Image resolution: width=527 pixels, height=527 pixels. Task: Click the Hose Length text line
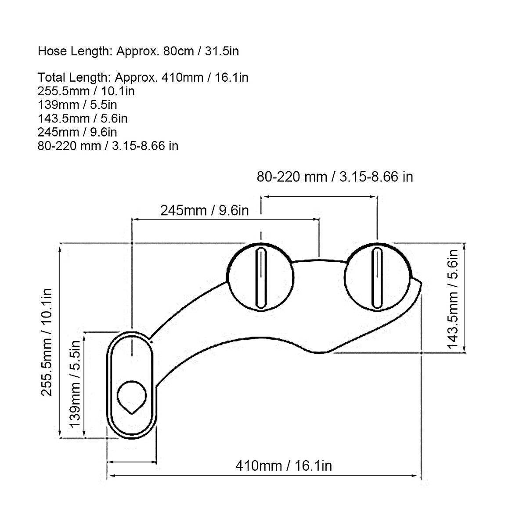pyautogui.click(x=138, y=51)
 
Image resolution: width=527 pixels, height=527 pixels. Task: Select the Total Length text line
pyautogui.click(x=143, y=77)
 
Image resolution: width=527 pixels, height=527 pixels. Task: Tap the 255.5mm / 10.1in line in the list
pyautogui.click(x=86, y=91)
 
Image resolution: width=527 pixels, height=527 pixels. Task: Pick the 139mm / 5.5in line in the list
pyautogui.click(x=77, y=105)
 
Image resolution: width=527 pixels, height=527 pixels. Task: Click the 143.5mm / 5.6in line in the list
pyautogui.click(x=82, y=119)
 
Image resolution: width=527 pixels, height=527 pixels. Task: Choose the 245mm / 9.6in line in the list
pyautogui.click(x=77, y=132)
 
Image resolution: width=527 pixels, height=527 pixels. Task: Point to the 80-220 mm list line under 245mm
pyautogui.click(x=108, y=146)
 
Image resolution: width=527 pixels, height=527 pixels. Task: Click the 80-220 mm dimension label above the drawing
pyautogui.click(x=335, y=177)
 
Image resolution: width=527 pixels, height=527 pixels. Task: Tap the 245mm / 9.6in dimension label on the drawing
pyautogui.click(x=205, y=211)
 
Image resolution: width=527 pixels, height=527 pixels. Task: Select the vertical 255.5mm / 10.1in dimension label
pyautogui.click(x=46, y=342)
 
